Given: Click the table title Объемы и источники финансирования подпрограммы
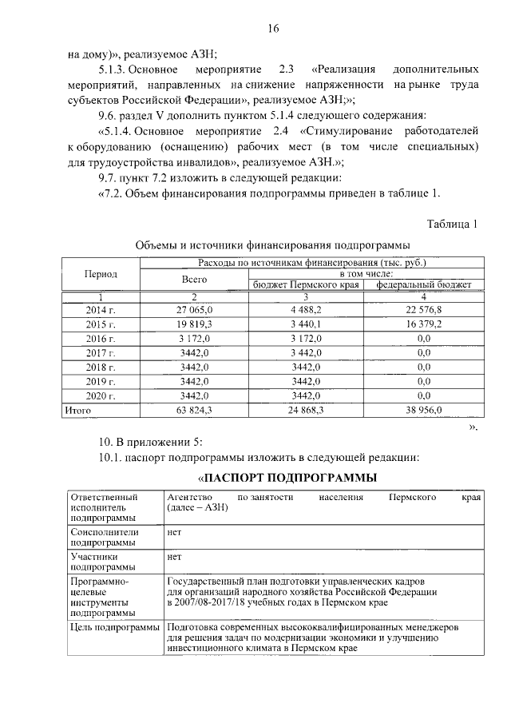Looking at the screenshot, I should pos(272,244).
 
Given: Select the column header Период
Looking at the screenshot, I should pos(101,273).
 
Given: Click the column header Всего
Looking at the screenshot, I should pos(194,279).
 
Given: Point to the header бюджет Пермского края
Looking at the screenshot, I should pos(307,284).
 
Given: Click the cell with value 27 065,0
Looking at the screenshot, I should pos(195,309).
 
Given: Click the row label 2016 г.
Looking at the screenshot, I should pos(101,338).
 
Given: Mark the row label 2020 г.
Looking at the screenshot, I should pos(101,395).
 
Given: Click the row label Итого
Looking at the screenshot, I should pos(77,410).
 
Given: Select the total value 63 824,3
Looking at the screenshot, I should pos(195,410).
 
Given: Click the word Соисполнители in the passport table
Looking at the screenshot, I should pos(105,531).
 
